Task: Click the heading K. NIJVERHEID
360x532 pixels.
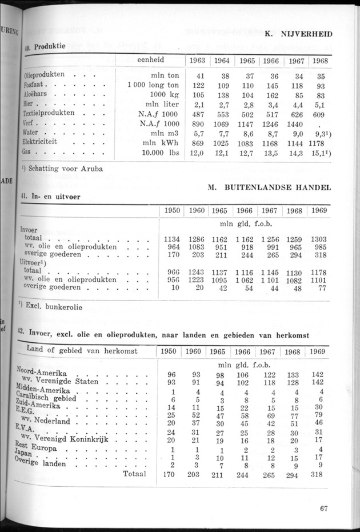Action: pyautogui.click(x=298, y=34)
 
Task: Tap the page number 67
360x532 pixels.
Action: pyautogui.click(x=324, y=509)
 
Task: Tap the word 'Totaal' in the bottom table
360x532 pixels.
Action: pyautogui.click(x=134, y=474)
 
